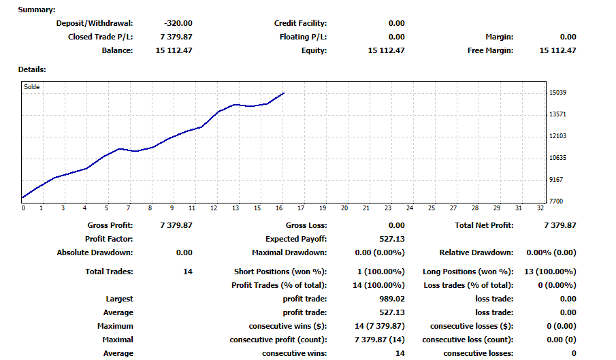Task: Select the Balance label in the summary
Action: (118, 50)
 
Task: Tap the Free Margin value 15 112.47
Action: (558, 50)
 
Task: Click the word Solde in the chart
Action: (32, 86)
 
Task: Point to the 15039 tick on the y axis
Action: (558, 93)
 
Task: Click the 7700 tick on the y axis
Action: (556, 201)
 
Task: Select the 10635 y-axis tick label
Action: (558, 157)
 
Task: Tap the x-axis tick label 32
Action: (540, 208)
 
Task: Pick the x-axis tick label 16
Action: (279, 208)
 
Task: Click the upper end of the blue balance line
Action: (284, 93)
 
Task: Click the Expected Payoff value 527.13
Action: (392, 239)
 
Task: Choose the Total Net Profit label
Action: (484, 225)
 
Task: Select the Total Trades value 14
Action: (188, 272)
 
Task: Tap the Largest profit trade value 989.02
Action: (392, 299)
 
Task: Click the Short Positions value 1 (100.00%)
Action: (381, 272)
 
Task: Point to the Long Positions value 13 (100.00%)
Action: (550, 272)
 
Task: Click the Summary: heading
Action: (37, 10)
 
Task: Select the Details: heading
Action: (32, 69)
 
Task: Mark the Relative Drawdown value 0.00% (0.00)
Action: (551, 252)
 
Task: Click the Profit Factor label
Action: (109, 239)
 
